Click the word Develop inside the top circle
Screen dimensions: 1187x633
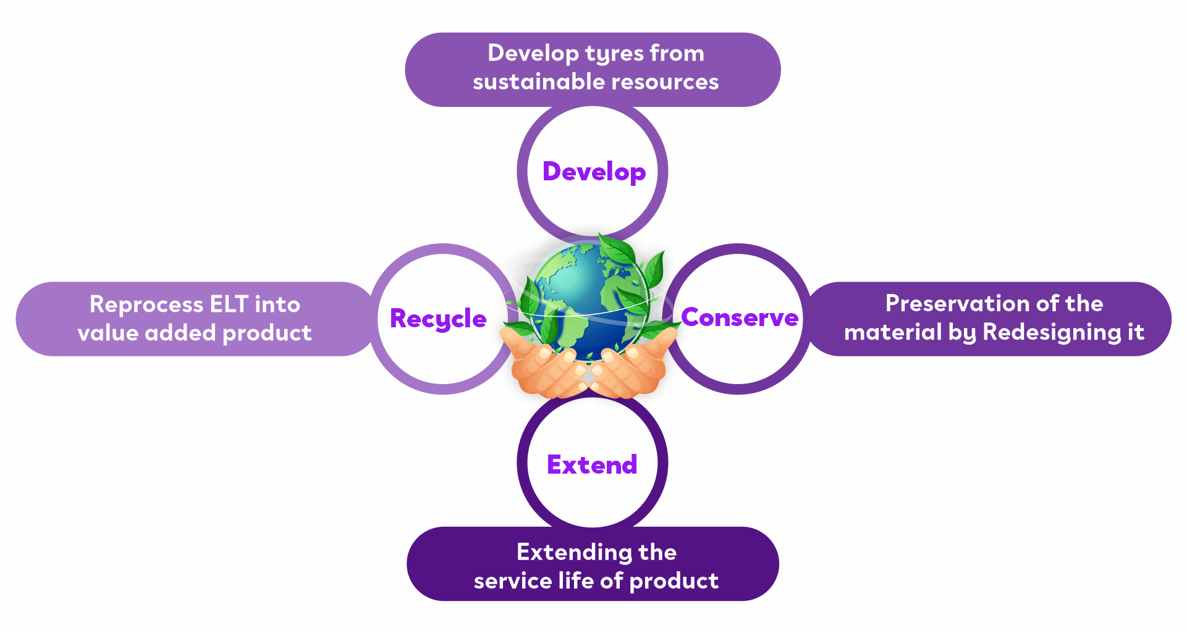point(594,172)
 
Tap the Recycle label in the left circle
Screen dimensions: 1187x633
point(438,319)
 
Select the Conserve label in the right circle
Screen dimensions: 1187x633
point(740,317)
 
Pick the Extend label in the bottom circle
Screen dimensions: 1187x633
point(592,464)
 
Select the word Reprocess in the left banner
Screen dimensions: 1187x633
point(146,305)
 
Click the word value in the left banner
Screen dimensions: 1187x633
point(108,333)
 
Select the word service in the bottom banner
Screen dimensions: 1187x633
point(512,581)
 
